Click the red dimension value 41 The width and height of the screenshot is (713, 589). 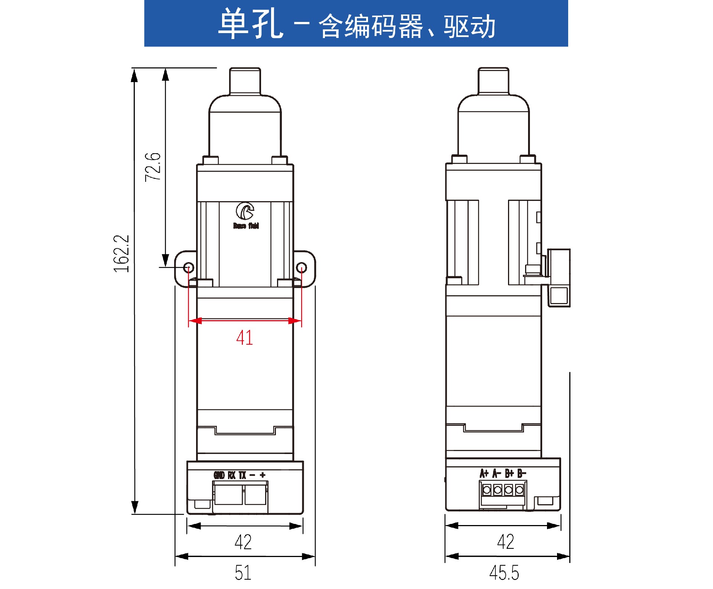point(244,338)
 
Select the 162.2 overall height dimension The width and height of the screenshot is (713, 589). point(121,254)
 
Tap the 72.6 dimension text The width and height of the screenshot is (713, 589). point(153,167)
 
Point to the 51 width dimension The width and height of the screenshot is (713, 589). point(243,573)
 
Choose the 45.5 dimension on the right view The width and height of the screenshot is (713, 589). point(504,573)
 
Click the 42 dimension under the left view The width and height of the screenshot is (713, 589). point(243,542)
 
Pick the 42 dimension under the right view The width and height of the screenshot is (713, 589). point(505,542)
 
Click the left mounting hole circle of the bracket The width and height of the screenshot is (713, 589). point(189,267)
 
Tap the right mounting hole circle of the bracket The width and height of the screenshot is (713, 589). point(302,267)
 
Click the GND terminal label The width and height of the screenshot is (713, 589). point(219,475)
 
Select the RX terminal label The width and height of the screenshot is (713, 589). point(232,475)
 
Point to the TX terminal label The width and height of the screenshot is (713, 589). point(242,475)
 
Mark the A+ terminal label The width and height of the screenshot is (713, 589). point(484,473)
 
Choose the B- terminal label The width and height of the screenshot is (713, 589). point(522,473)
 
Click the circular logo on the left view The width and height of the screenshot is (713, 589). point(245,211)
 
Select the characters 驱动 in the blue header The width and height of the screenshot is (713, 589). point(469,26)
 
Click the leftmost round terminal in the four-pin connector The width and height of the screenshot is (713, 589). point(487,490)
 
